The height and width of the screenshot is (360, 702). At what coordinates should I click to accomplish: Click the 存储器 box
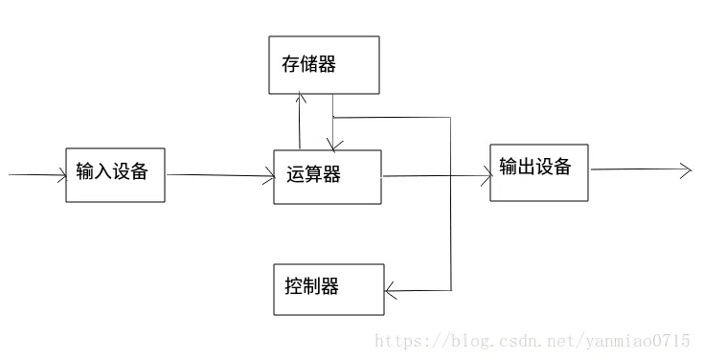point(324,65)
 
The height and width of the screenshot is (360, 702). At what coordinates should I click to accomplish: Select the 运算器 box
point(328,177)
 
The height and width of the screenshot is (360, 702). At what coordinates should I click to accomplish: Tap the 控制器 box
point(328,289)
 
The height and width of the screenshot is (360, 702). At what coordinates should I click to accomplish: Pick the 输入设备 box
point(115,174)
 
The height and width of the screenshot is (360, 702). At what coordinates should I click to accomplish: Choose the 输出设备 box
point(538,172)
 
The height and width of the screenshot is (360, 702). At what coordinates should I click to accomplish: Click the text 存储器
point(309,64)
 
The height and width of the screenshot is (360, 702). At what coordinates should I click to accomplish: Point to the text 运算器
point(313,175)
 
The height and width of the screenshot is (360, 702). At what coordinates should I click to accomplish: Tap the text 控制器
point(311,286)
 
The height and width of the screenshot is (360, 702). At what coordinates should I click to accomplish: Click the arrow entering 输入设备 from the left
point(36,175)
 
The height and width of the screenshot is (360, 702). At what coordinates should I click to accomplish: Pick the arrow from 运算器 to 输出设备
point(436,176)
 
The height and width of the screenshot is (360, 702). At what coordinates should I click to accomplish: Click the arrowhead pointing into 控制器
point(391,290)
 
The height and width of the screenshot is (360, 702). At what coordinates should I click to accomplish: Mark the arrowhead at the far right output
point(685,170)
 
